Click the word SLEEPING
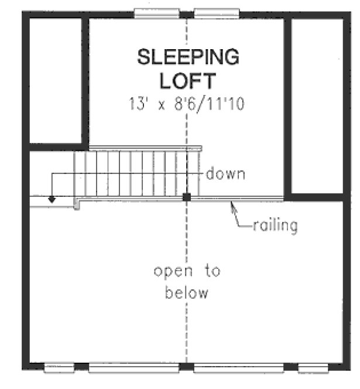(188, 57)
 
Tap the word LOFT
(188, 80)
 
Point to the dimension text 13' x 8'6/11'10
(187, 104)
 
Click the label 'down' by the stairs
(225, 174)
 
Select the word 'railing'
(275, 224)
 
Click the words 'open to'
(187, 271)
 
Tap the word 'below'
(187, 292)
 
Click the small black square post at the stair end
(186, 197)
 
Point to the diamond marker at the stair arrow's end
(52, 199)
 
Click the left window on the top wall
(156, 12)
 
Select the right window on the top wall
(217, 12)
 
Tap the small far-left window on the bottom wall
(59, 368)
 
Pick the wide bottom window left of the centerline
(133, 368)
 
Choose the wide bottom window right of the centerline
(238, 368)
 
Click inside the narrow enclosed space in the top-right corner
(317, 105)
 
